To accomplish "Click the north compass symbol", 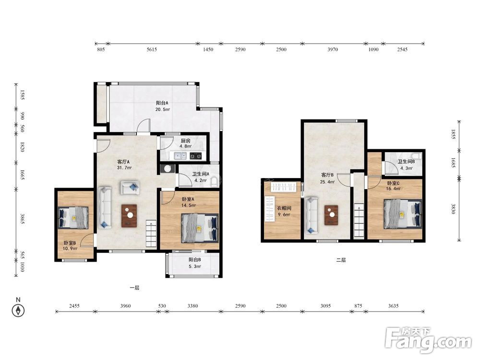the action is [x=18, y=311].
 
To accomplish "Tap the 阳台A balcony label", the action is [x=162, y=103].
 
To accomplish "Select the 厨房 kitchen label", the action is [x=185, y=141].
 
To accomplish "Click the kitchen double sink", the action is [x=180, y=156].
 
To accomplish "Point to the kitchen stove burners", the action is [x=196, y=156].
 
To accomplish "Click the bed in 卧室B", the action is [x=73, y=217].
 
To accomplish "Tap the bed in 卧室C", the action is [x=403, y=214].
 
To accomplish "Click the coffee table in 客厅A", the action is [x=129, y=216].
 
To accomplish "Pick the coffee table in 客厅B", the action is [x=331, y=215].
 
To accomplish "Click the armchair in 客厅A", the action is [x=130, y=188].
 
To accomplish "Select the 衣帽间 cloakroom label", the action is [x=284, y=208].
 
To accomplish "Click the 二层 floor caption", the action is [x=341, y=260].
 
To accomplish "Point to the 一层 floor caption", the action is [x=135, y=288].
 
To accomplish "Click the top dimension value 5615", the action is [x=152, y=49].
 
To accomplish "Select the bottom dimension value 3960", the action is [x=125, y=306].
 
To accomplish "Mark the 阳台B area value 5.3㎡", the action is [x=195, y=266].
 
